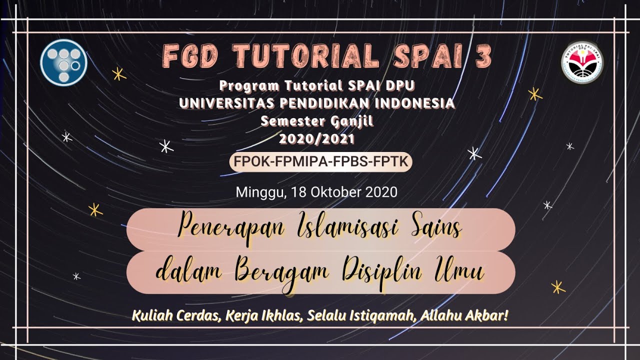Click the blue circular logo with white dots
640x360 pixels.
(x=63, y=62)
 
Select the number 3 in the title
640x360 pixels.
(x=483, y=56)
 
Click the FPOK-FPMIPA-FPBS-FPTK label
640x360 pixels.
(x=320, y=162)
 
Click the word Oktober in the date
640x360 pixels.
(x=339, y=192)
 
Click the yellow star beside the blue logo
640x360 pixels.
(x=119, y=74)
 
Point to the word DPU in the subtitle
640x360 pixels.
(x=400, y=86)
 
